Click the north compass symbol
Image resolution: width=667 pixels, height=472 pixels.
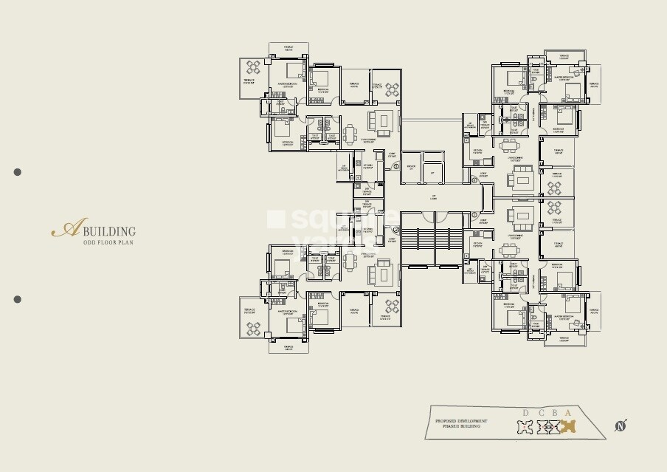[x=621, y=425]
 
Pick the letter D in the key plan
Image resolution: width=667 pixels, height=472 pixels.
[x=526, y=413]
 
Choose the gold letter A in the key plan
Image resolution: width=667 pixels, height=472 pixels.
[x=567, y=413]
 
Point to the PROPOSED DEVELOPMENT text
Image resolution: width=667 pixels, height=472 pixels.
[x=460, y=420]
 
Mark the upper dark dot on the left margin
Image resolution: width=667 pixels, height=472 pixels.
[x=18, y=172]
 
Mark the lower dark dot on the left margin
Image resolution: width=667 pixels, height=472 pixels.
[x=18, y=299]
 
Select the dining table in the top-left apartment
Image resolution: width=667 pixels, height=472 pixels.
[x=349, y=134]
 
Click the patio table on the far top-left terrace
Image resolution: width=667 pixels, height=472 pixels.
[x=253, y=68]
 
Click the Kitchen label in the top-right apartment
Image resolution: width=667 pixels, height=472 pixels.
[x=477, y=151]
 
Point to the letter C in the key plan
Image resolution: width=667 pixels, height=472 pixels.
[x=547, y=413]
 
